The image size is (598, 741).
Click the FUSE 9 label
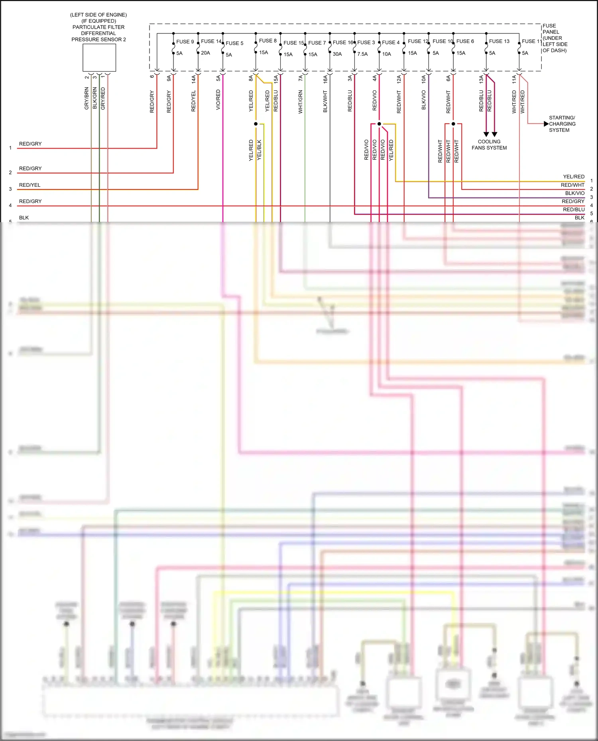point(185,41)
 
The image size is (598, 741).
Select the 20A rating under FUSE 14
point(205,53)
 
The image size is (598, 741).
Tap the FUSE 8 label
point(268,41)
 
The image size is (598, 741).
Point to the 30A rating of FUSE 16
point(337,54)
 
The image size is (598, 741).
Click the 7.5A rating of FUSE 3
point(362,54)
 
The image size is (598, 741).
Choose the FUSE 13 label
point(499,41)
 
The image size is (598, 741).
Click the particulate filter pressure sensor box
point(99,58)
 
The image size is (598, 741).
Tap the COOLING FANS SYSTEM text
point(489,145)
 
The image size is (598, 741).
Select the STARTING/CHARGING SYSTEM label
point(562,124)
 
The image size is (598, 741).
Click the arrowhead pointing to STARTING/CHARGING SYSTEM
point(546,124)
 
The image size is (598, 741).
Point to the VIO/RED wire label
point(218,100)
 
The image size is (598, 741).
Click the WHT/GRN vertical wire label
point(301,102)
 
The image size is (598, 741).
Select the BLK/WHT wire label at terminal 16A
point(325,102)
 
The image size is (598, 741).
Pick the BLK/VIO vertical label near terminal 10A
point(424,100)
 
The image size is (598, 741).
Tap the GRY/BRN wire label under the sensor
point(87,99)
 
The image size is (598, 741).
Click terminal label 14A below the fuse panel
point(194,79)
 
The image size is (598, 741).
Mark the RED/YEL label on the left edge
point(30,185)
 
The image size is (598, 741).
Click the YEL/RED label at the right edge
point(574,176)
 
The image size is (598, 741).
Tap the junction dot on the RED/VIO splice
point(379,124)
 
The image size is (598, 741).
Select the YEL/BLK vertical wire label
point(259,150)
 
